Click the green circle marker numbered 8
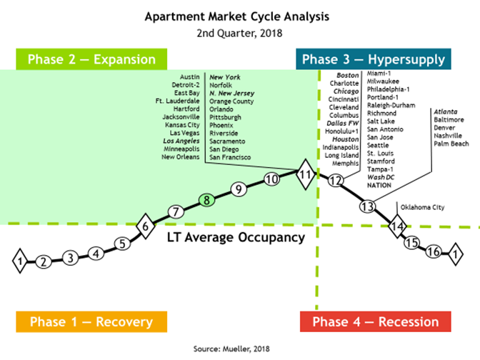click(x=206, y=200)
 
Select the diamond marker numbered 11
click(x=305, y=174)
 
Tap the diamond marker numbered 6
click(x=146, y=226)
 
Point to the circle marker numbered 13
click(x=367, y=206)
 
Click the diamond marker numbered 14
click(x=397, y=226)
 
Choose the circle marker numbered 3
click(x=71, y=258)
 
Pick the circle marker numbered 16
click(x=434, y=251)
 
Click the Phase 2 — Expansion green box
click(x=91, y=59)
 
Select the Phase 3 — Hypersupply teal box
click(x=374, y=59)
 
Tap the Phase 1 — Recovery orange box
click(x=91, y=321)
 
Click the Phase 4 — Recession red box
click(x=376, y=321)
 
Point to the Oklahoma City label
click(x=422, y=207)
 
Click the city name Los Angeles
click(x=181, y=141)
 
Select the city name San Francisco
click(x=230, y=157)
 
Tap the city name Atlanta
click(x=446, y=111)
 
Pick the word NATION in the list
click(x=379, y=185)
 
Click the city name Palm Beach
click(x=451, y=144)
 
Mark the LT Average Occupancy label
click(x=236, y=238)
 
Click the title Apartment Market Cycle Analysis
click(x=237, y=16)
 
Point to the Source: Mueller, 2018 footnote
click(x=231, y=349)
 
